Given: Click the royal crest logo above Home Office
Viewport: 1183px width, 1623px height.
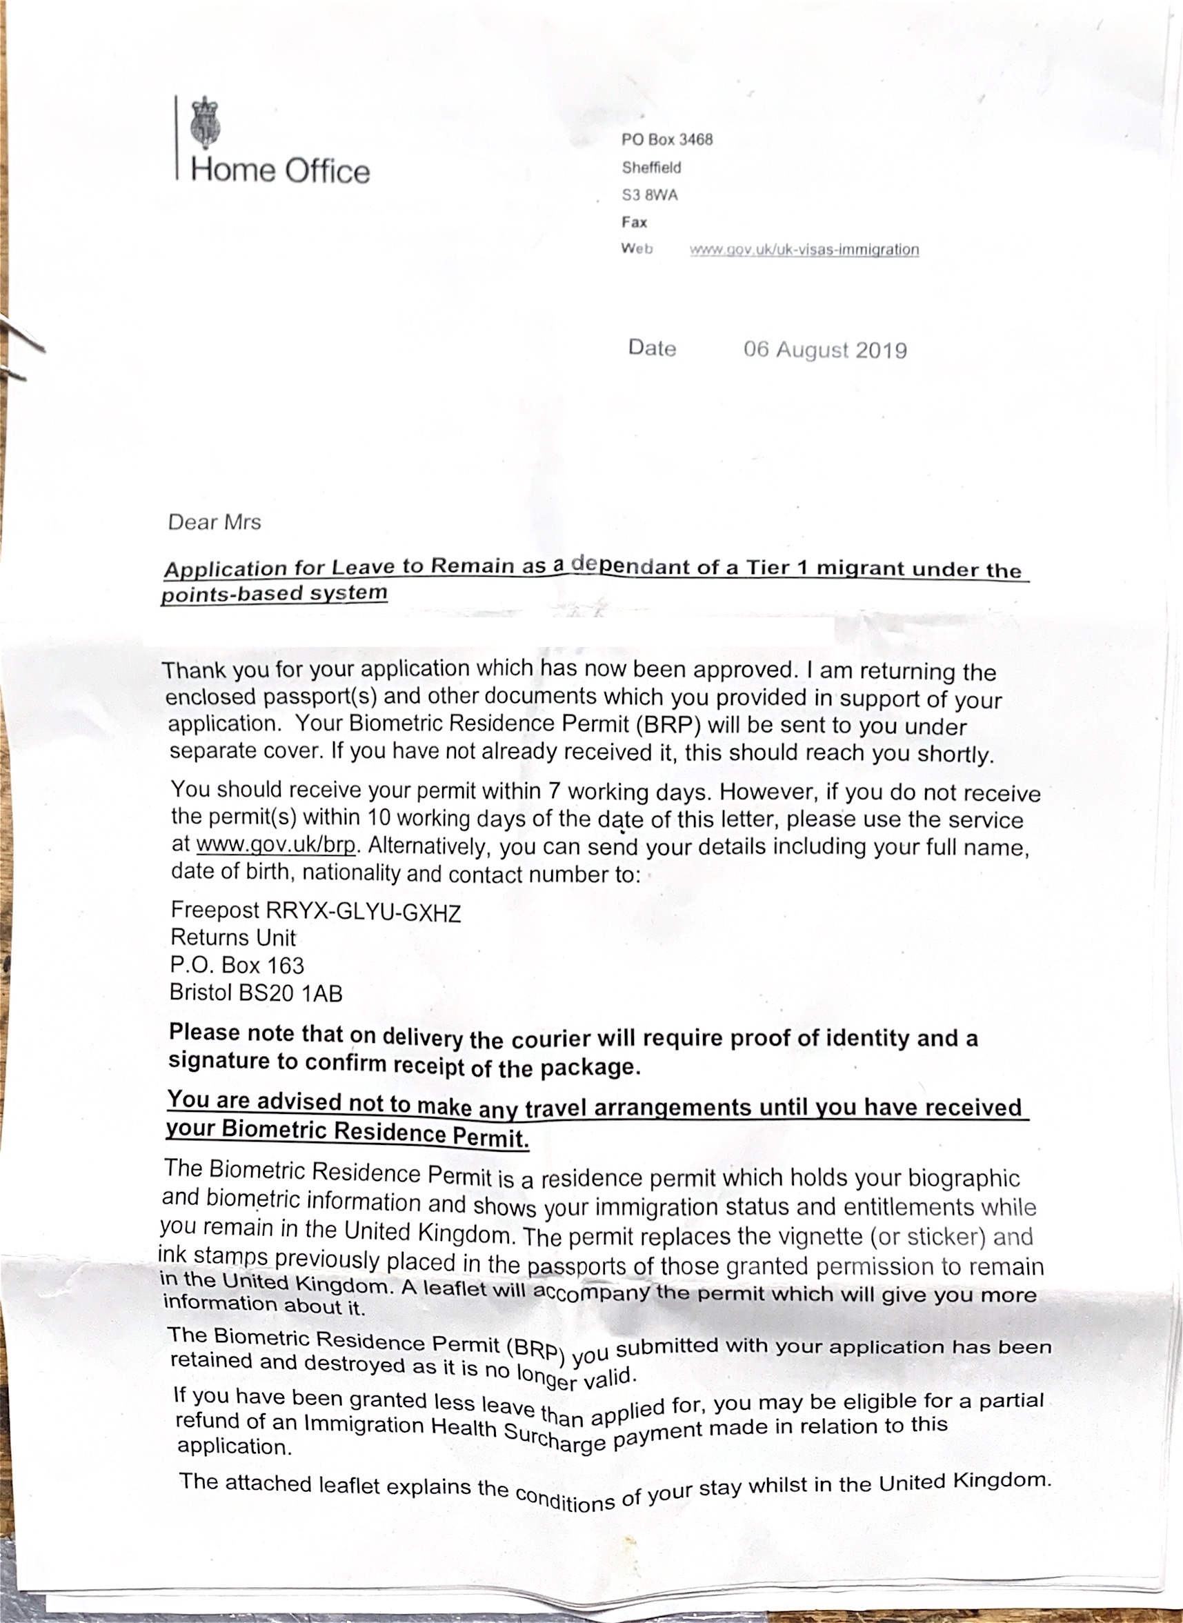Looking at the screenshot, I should (x=206, y=124).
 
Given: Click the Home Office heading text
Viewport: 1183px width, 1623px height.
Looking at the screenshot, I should (x=280, y=171).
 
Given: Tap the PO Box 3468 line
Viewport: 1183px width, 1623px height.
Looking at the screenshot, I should (x=667, y=139).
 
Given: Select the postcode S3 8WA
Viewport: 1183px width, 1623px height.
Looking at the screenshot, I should (x=650, y=195).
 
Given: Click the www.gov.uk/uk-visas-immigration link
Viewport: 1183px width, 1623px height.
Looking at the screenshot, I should (x=804, y=250).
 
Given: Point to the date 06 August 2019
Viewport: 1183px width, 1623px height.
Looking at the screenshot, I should (x=825, y=350).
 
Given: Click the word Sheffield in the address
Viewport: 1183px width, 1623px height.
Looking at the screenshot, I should (x=651, y=168).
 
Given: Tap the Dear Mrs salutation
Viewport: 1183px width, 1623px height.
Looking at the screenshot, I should (x=214, y=522).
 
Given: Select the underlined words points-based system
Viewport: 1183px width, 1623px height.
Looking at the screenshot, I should (x=275, y=593).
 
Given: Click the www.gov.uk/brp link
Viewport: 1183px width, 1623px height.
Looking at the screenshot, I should (x=276, y=845).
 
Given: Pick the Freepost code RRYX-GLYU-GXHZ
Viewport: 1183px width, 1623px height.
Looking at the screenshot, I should (x=363, y=913).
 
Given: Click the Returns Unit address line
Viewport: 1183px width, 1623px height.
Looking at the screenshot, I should (x=232, y=938).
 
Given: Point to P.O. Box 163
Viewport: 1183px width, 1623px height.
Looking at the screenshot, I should (x=237, y=966).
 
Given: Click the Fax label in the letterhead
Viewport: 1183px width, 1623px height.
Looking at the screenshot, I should (x=634, y=223).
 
